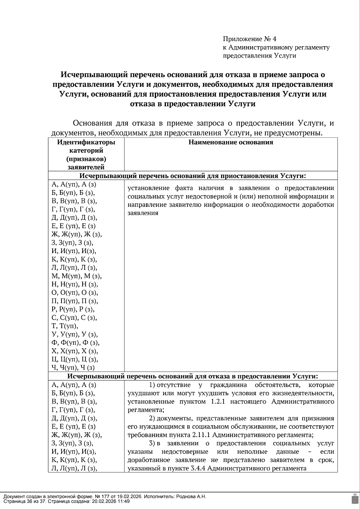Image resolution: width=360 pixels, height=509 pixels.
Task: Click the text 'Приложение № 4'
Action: tap(249, 39)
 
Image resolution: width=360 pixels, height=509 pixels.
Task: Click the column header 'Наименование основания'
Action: tap(230, 142)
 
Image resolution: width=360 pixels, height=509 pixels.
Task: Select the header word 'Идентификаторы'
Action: tap(86, 142)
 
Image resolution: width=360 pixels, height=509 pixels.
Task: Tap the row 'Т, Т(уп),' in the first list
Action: tap(65, 326)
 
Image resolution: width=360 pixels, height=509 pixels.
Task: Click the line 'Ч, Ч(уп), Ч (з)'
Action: tap(73, 368)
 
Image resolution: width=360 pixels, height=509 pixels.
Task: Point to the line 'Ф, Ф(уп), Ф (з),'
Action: tap(75, 343)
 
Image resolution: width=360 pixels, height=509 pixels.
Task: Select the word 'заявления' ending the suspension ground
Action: tap(142, 213)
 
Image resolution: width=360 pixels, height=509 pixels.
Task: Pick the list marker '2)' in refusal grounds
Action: tap(152, 418)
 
